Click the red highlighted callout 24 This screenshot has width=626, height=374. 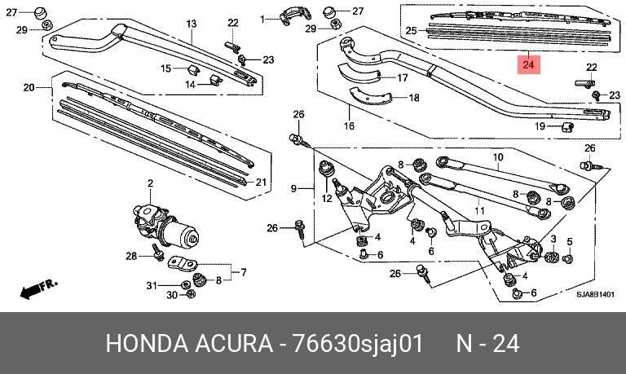tap(528, 64)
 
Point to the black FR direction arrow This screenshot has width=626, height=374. tap(39, 289)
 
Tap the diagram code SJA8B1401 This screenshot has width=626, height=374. tap(595, 295)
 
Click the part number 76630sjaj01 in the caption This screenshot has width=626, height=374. tap(358, 343)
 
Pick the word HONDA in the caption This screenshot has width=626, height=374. tap(147, 343)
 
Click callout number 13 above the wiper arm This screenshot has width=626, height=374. tap(192, 24)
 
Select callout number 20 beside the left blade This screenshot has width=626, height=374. tap(29, 87)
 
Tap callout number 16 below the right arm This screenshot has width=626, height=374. tap(349, 126)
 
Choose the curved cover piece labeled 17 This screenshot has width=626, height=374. tap(359, 74)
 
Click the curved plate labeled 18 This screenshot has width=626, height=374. tap(370, 97)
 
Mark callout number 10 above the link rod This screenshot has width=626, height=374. tap(498, 157)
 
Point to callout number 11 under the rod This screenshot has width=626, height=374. tap(479, 210)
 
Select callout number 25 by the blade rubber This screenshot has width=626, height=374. tap(411, 30)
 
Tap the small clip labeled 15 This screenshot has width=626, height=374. tap(194, 70)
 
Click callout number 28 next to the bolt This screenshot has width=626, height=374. tap(131, 256)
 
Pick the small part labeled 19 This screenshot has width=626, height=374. tap(568, 127)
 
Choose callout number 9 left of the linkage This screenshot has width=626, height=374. tap(293, 188)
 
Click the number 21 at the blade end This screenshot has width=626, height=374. tap(261, 183)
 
